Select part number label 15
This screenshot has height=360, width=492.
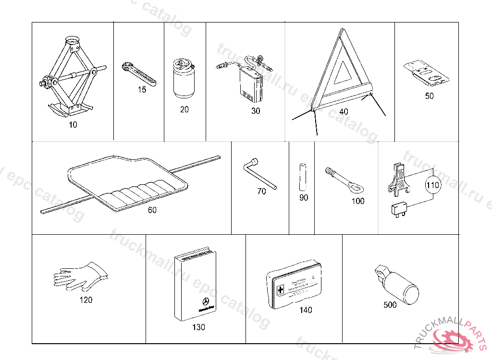click(x=141, y=90)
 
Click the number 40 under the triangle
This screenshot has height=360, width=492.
click(x=344, y=111)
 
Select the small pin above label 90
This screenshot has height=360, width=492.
click(x=302, y=177)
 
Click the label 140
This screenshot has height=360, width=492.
click(x=306, y=310)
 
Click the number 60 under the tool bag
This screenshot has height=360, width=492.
click(x=152, y=210)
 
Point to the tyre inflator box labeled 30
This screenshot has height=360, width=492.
click(x=252, y=85)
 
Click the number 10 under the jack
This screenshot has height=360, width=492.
click(x=72, y=125)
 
